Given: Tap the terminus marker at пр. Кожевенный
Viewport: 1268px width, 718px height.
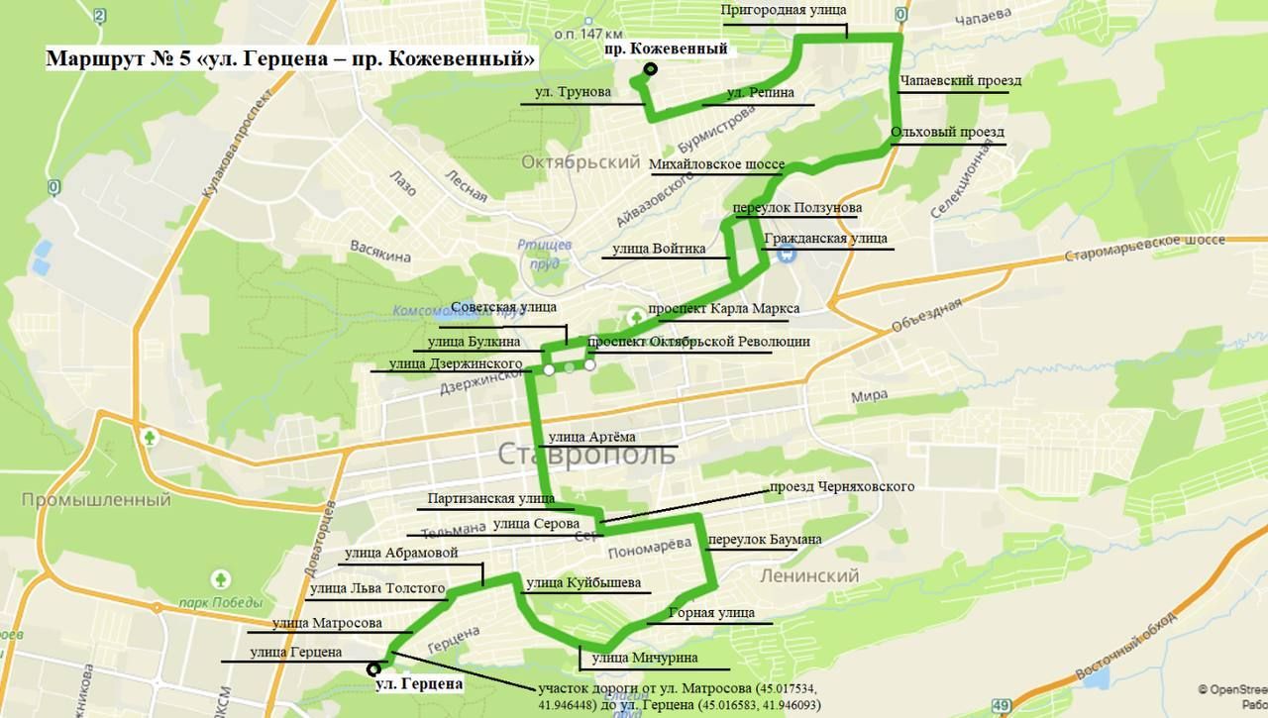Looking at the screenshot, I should point(650,68).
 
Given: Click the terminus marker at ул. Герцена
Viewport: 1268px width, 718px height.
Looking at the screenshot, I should point(373,668).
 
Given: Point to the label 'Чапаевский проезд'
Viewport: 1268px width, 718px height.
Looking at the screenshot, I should point(961,80).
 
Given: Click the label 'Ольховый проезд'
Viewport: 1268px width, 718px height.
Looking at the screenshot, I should point(947,132).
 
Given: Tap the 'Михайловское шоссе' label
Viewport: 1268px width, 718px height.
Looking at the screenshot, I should point(717,164).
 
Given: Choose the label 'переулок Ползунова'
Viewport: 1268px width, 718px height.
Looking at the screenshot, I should point(796,208).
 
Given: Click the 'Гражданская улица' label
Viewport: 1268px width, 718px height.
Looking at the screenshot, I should point(825,239).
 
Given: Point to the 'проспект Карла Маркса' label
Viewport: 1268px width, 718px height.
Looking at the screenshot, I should point(723,308).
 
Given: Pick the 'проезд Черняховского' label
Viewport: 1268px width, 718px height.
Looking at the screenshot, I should point(841,486).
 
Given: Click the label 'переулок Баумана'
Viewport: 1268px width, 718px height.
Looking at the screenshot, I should point(765,539).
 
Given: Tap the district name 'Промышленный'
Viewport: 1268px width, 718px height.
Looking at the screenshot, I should point(96,499).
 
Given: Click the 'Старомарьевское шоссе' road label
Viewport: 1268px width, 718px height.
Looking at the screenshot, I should point(1144,241).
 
